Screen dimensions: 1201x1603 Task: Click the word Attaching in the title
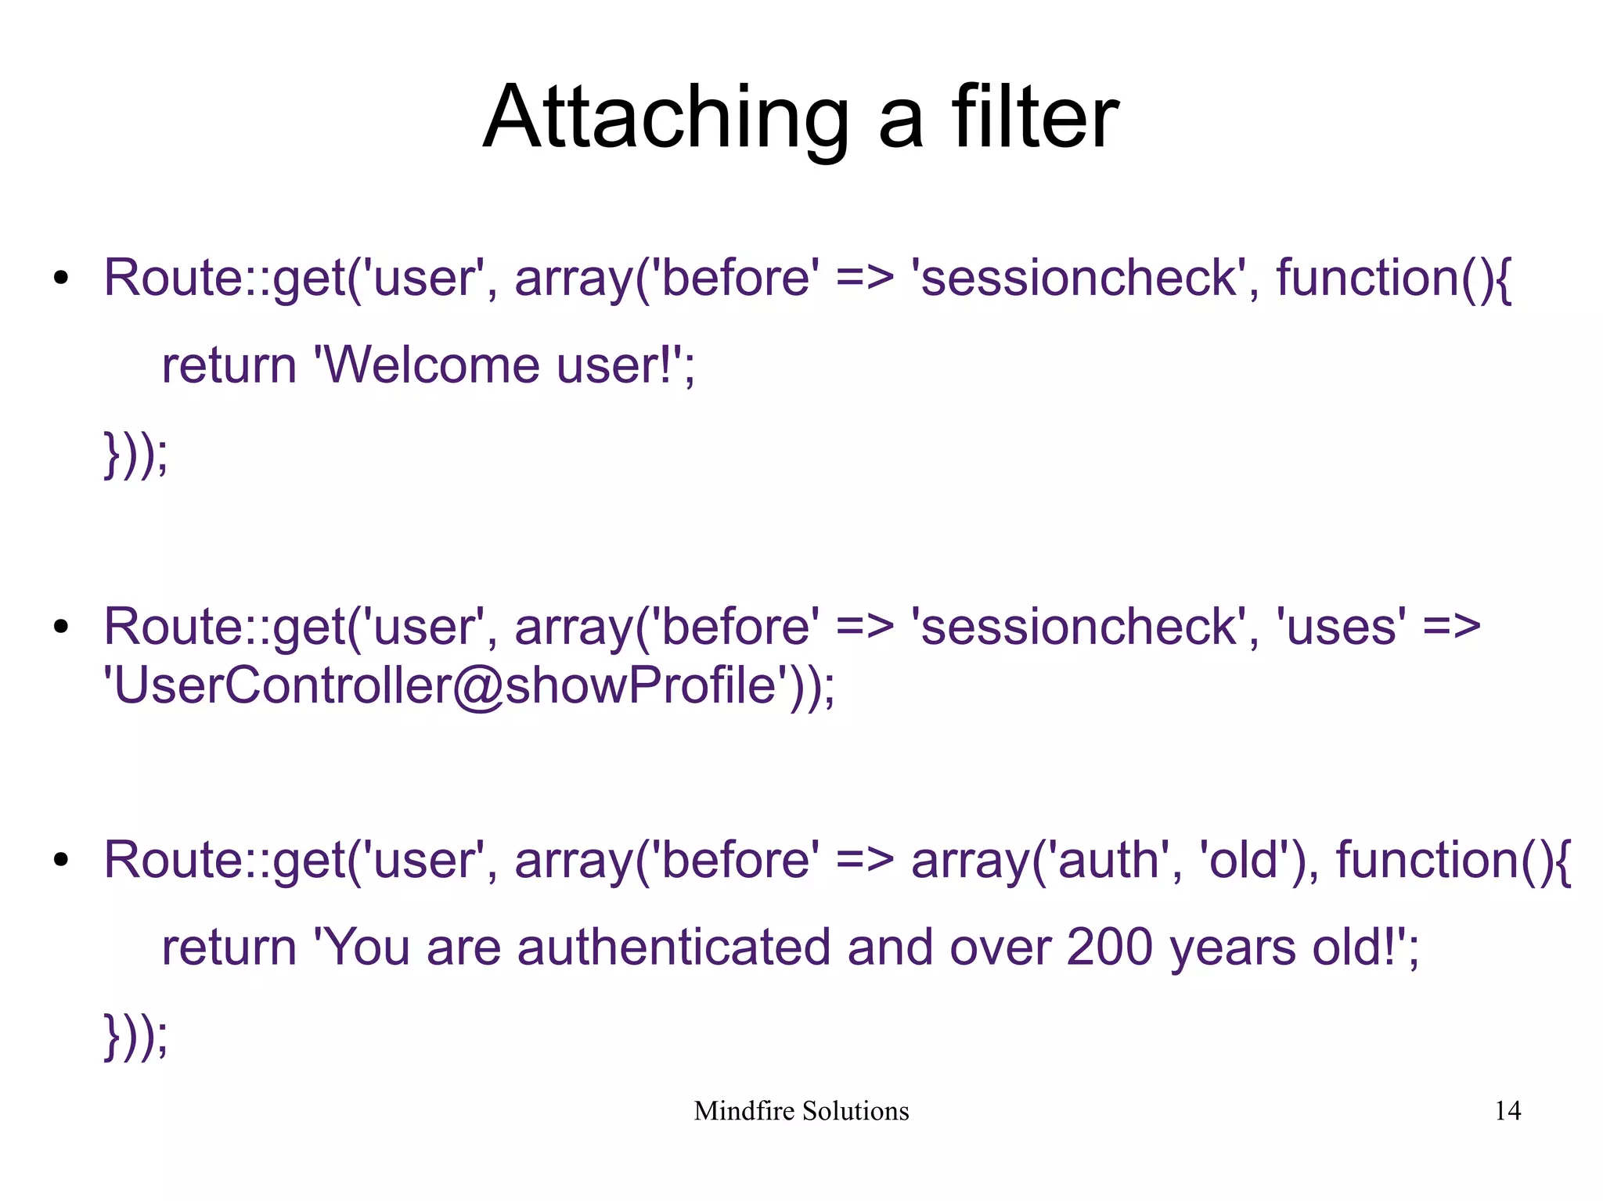pos(665,119)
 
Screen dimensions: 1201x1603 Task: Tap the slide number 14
pos(1508,1110)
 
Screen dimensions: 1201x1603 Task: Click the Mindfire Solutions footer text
pos(801,1110)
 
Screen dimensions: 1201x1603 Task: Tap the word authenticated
pos(673,947)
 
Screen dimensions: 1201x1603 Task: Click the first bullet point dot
pos(62,279)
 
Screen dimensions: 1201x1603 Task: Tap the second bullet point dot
pos(62,627)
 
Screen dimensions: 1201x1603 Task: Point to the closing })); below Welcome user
pos(135,454)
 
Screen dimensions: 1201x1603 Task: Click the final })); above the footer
pos(135,1036)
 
